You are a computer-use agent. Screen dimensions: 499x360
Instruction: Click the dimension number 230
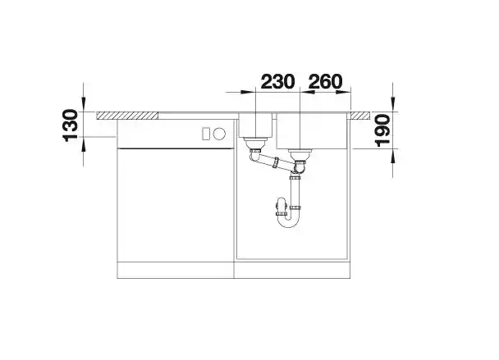277,82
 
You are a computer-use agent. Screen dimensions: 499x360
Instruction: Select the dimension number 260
326,82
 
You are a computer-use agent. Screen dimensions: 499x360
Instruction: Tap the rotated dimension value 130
71,125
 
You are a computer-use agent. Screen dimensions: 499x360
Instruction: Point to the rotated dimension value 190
382,130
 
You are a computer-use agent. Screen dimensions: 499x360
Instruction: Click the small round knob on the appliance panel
219,134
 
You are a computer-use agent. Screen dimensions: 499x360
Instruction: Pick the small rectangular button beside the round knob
206,134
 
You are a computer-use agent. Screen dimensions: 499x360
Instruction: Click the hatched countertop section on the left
127,116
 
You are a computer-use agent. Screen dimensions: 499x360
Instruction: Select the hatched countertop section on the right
360,116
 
